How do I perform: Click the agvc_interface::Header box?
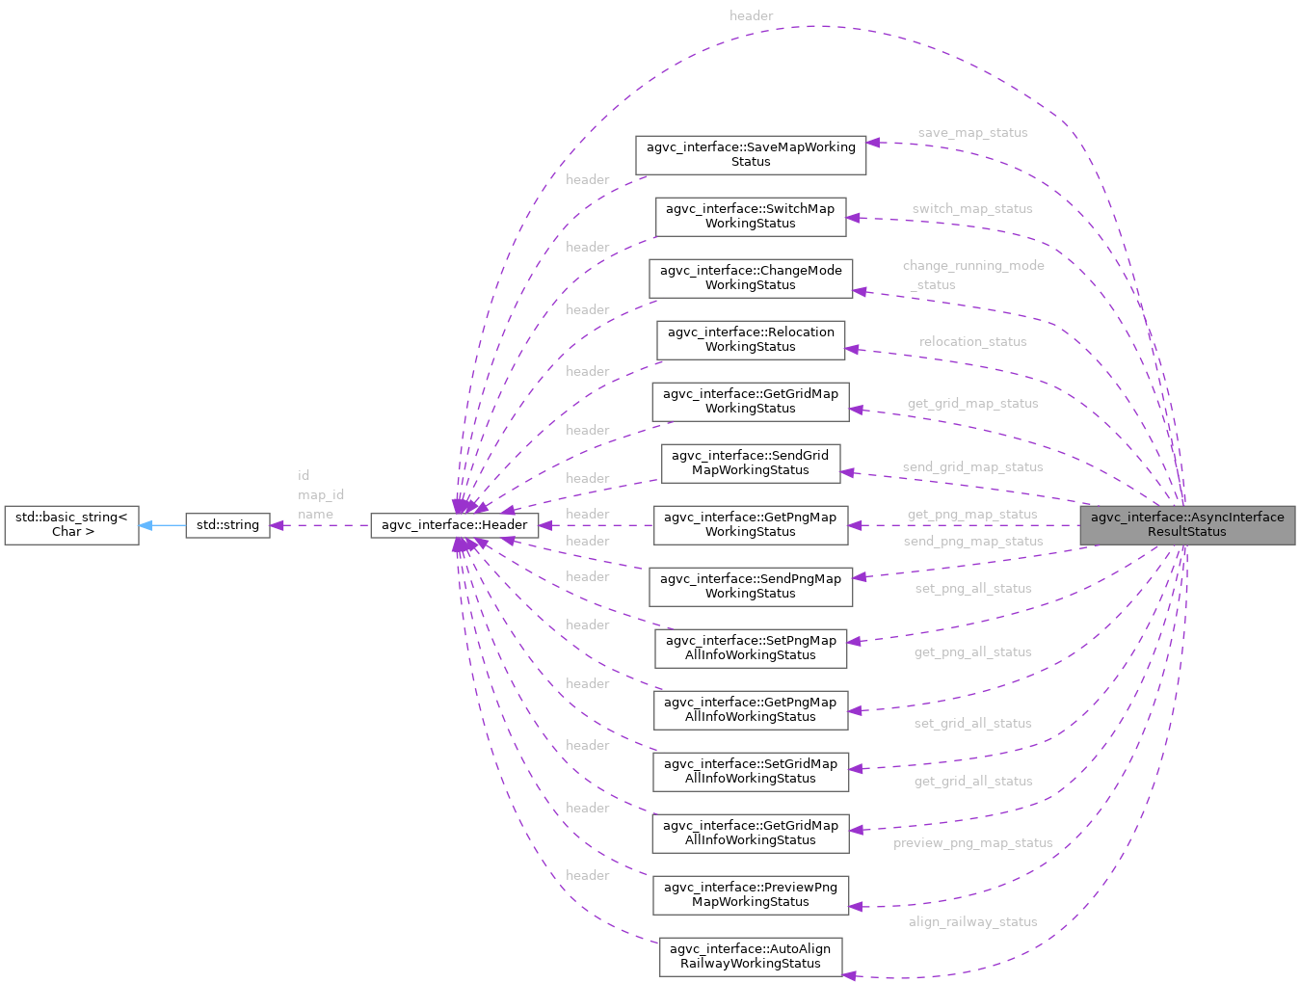[x=454, y=525]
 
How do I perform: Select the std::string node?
[x=227, y=525]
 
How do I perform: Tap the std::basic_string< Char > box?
[x=71, y=525]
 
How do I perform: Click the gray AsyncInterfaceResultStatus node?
[x=1186, y=525]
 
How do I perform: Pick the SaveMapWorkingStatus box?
[x=750, y=155]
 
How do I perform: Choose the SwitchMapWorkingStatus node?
[x=750, y=217]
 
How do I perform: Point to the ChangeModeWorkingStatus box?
[x=750, y=279]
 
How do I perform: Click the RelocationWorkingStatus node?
[x=750, y=340]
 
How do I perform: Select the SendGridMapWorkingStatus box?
[x=750, y=464]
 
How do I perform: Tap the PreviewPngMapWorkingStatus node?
[x=750, y=895]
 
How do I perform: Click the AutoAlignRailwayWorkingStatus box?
[x=750, y=957]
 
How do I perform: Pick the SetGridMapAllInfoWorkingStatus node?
[x=750, y=772]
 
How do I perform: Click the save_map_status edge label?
[x=972, y=133]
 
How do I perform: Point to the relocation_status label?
[x=972, y=342]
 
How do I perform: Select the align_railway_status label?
[x=972, y=922]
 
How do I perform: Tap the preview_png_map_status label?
[x=972, y=843]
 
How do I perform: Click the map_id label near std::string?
[x=321, y=495]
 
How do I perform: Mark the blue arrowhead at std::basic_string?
[x=146, y=525]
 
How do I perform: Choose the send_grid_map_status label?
[x=972, y=467]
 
